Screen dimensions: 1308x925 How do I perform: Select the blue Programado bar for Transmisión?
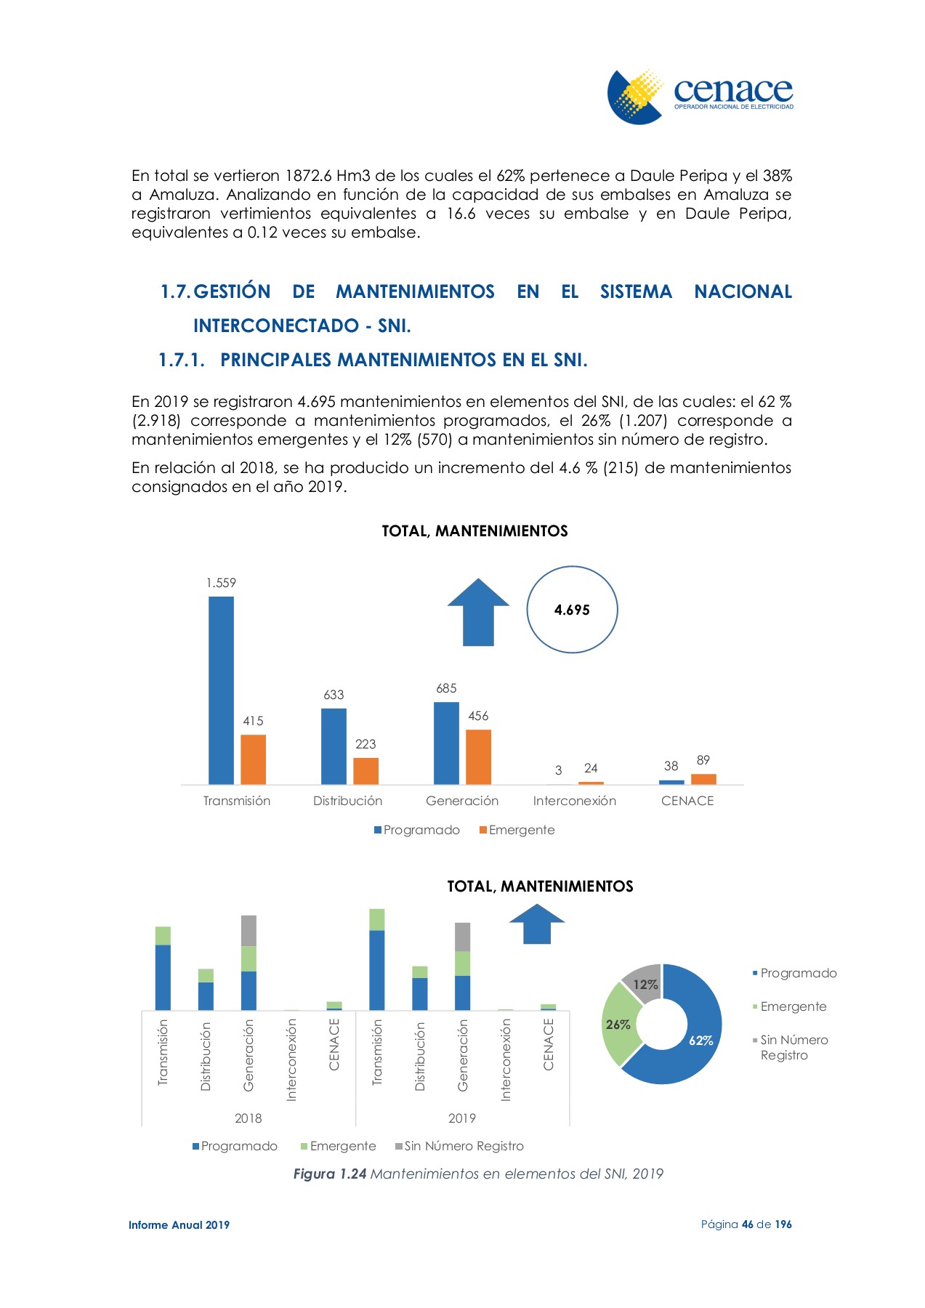click(221, 690)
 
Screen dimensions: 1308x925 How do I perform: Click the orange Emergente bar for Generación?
click(478, 756)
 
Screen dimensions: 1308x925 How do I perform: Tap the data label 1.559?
click(221, 583)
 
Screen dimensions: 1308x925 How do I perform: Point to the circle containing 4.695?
click(572, 610)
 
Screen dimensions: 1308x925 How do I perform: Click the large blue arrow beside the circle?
click(478, 612)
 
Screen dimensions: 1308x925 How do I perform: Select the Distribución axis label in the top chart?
click(347, 801)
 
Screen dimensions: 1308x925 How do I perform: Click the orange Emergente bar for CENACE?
click(703, 779)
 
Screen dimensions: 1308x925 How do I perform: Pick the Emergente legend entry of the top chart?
click(517, 830)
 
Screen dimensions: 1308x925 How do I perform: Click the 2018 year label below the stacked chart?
click(248, 1118)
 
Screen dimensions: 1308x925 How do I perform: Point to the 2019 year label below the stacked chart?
click(462, 1118)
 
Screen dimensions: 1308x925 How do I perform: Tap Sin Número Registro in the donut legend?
click(793, 1047)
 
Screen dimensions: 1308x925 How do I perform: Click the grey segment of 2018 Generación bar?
click(249, 931)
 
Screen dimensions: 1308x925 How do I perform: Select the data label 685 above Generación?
click(446, 688)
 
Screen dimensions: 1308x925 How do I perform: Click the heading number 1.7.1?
click(182, 360)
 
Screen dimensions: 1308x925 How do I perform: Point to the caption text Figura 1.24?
click(329, 1174)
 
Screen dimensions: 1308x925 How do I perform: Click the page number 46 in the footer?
click(748, 1224)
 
